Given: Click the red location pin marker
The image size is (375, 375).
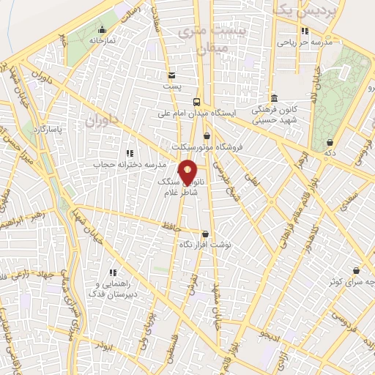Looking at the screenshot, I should point(188,171).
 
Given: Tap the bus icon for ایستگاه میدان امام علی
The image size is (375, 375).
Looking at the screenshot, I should point(196,102).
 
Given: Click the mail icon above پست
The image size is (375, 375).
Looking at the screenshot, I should point(171,75).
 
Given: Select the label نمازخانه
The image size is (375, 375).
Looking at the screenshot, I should point(103,42).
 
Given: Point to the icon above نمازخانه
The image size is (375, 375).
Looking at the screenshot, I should point(102,30).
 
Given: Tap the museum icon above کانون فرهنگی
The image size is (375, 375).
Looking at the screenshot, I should point(273,98).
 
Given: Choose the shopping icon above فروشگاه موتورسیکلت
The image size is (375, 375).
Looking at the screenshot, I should point(207,135).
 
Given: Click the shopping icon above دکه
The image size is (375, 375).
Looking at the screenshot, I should point(330,142).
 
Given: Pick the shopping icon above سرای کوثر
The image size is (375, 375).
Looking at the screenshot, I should point(357,270).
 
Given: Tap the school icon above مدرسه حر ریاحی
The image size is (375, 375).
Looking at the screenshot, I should point(305,31).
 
